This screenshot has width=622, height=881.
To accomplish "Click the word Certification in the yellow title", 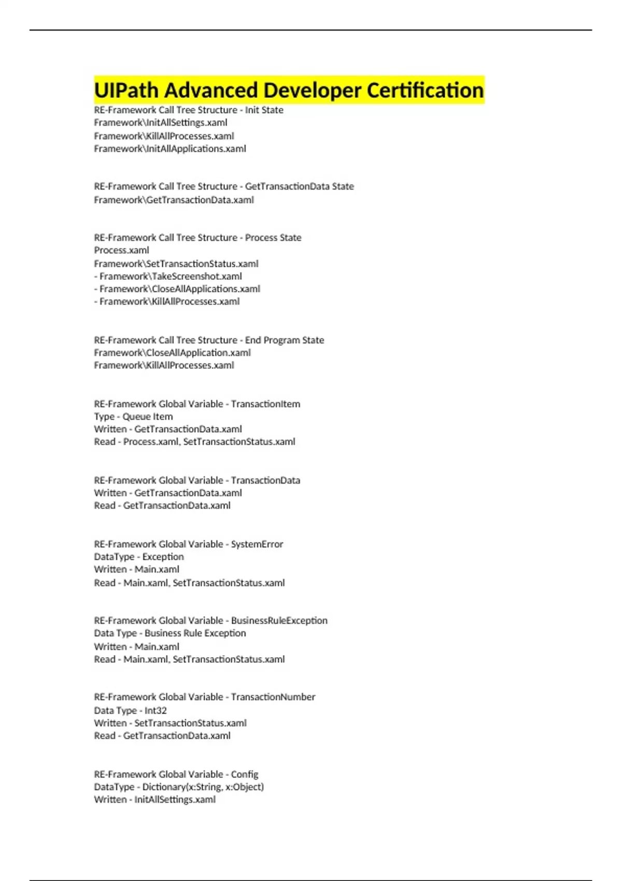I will tap(425, 90).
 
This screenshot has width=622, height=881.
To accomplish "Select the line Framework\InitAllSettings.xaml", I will tap(161, 123).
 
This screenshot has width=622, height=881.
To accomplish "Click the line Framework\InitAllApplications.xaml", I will tap(170, 149).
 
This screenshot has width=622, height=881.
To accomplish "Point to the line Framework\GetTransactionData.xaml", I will tap(174, 200).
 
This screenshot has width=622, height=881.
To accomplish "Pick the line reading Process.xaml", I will tap(121, 250).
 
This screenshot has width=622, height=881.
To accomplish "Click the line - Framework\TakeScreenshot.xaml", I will tap(168, 276).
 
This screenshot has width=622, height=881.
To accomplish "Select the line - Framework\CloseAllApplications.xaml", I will tap(177, 289).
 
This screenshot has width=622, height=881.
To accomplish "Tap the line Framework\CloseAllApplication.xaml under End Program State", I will tap(173, 353).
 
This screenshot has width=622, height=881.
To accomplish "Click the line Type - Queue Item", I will tap(134, 417).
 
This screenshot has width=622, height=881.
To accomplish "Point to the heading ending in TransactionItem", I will tap(197, 404).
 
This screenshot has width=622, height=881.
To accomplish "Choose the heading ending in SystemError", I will tap(189, 544).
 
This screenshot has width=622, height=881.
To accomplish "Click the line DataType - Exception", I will tap(139, 557).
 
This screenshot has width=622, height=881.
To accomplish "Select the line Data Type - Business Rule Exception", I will tap(170, 633).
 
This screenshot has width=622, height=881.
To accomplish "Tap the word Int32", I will tap(155, 711).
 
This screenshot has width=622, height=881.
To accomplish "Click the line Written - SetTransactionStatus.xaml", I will tap(171, 723).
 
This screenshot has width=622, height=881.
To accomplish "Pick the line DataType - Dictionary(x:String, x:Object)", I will tap(179, 787).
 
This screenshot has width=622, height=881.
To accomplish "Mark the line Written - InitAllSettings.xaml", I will tap(155, 800).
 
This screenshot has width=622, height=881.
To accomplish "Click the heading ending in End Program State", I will tap(209, 340).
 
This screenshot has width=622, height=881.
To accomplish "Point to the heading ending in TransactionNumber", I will tap(205, 697).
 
